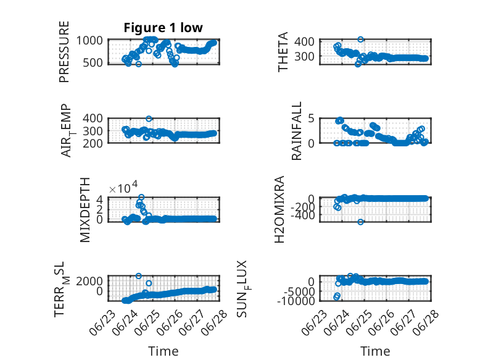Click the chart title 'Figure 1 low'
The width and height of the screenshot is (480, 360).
tap(163, 28)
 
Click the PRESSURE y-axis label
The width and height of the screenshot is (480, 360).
tap(64, 52)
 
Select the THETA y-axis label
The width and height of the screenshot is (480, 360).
tap(283, 52)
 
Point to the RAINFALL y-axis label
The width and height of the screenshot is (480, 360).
tap(297, 131)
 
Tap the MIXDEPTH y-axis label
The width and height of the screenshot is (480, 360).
tap(85, 210)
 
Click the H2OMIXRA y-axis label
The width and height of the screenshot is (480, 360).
tap(279, 209)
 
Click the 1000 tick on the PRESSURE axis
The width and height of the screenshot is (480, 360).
tap(89, 40)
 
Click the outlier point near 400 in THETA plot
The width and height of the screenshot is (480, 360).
tap(360, 40)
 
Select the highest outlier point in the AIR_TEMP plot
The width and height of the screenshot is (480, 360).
tap(149, 119)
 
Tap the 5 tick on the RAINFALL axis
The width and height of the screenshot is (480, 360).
tap(312, 119)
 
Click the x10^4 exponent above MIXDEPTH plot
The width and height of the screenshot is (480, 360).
tap(123, 187)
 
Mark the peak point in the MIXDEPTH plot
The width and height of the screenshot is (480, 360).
tap(141, 197)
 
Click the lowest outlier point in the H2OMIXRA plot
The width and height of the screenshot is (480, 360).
tap(360, 222)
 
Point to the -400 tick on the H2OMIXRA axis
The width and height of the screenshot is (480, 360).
tap(303, 216)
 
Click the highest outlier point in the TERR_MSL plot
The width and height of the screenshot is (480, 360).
tap(139, 276)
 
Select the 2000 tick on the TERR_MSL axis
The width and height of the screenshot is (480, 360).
tap(89, 281)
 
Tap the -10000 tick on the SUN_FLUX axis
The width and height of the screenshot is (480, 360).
tap(296, 301)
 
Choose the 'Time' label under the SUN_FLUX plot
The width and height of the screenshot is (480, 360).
tap(375, 351)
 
